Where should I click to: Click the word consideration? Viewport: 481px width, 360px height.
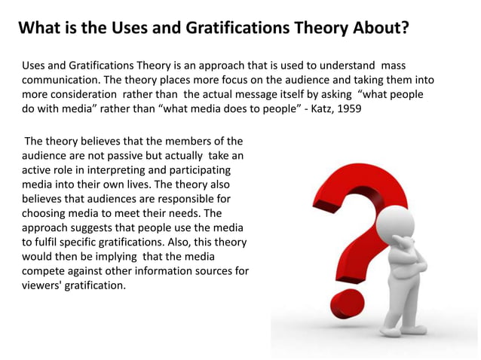click(87, 94)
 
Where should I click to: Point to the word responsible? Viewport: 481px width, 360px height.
click(191, 199)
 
